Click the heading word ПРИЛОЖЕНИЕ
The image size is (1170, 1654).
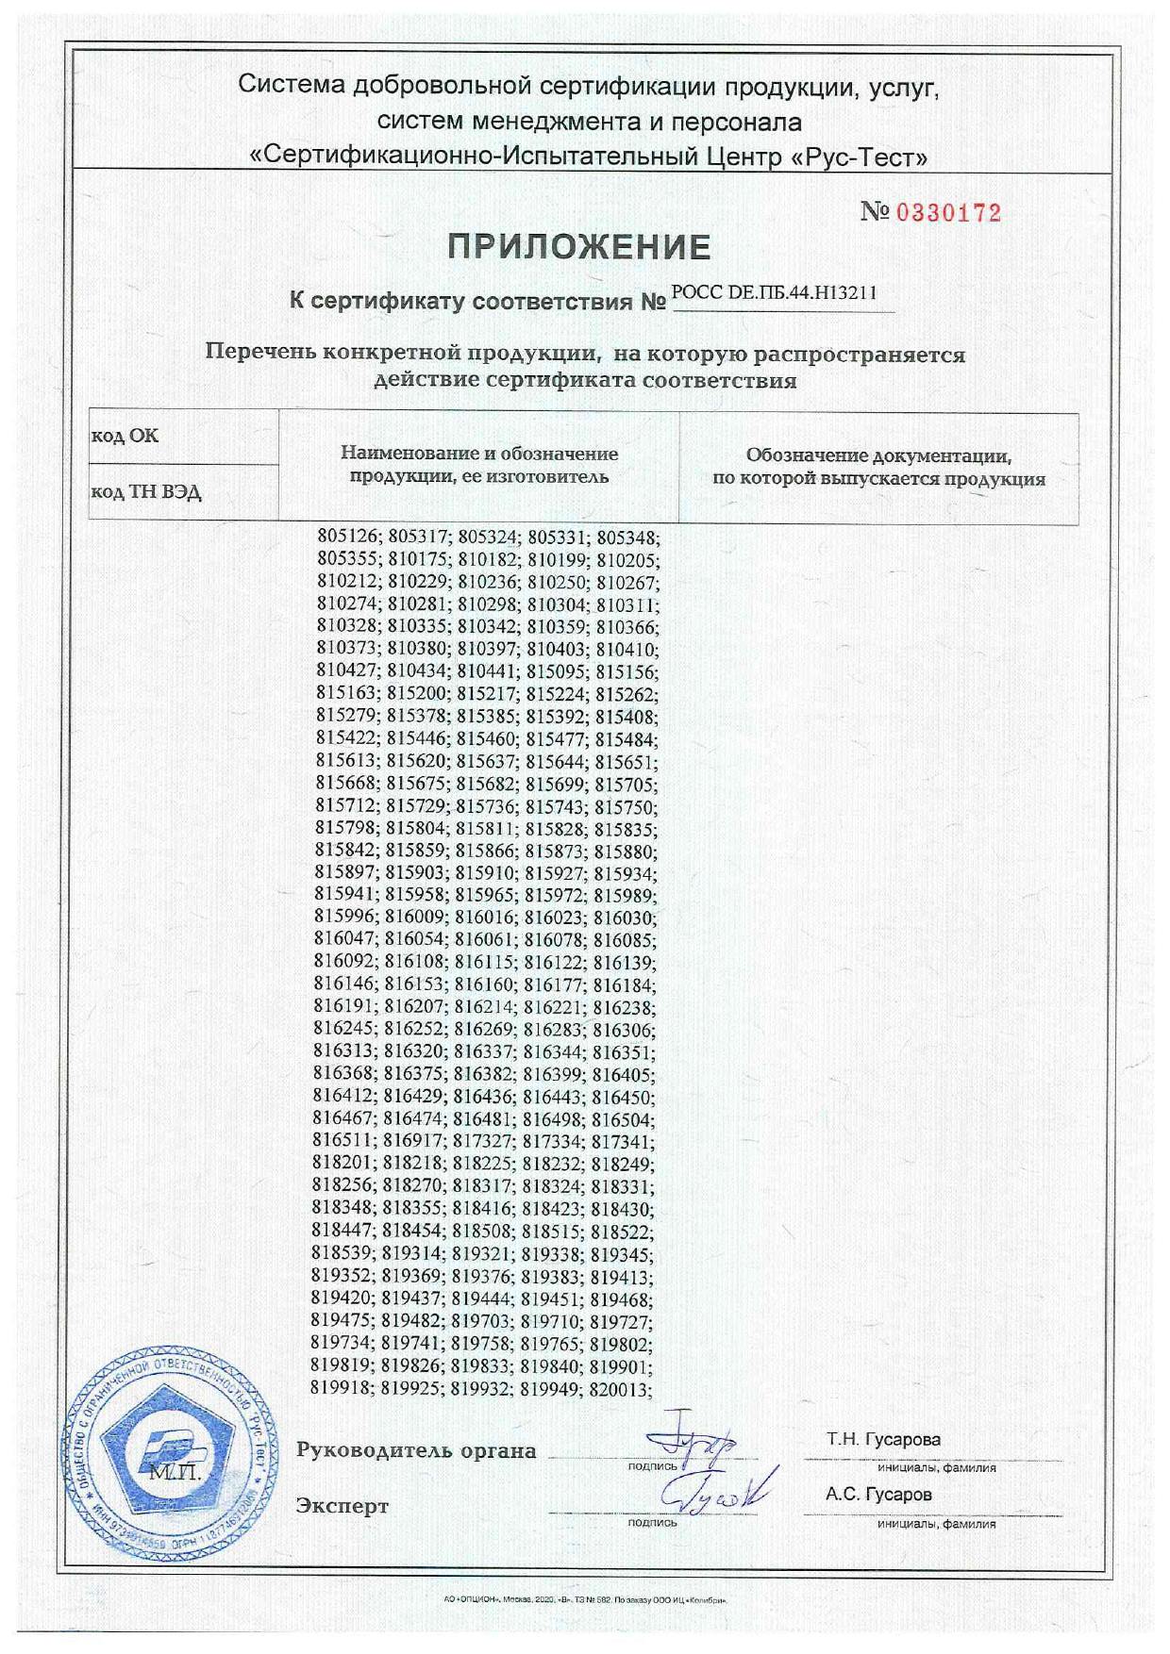(x=578, y=247)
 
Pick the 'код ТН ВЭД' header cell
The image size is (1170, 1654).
(x=145, y=492)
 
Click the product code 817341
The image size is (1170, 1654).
(x=622, y=1140)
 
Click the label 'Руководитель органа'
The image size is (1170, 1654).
(x=416, y=1450)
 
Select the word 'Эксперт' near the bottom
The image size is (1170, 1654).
(x=342, y=1506)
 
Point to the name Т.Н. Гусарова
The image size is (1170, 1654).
(x=883, y=1440)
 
